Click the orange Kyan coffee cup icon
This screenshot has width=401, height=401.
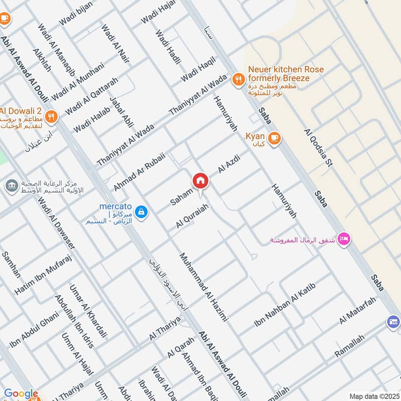274,138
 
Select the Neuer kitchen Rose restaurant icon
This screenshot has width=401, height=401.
238,79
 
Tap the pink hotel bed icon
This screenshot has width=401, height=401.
344,239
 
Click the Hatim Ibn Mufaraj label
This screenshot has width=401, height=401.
44,274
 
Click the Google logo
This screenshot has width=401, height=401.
21,394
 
